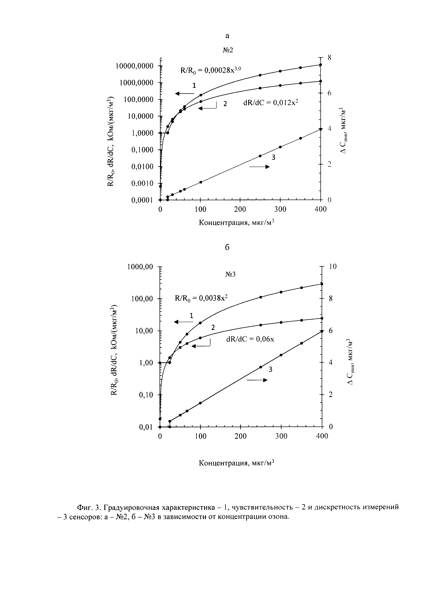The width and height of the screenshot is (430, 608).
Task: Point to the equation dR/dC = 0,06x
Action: point(250,339)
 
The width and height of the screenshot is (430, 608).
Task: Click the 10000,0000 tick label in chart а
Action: point(135,66)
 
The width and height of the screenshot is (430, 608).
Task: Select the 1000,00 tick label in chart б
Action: point(140,267)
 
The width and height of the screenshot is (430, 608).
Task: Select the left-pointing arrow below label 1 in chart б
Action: point(183,322)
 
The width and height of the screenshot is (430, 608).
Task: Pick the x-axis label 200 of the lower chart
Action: point(240,436)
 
